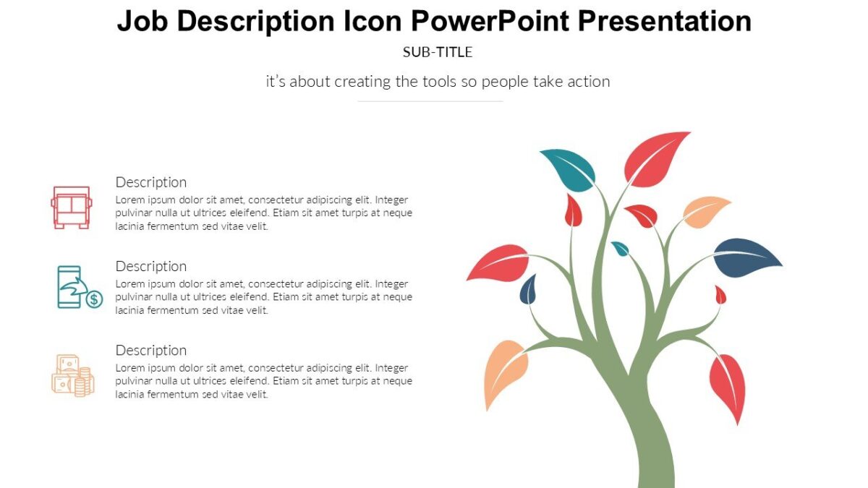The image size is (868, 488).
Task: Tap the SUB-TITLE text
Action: [x=438, y=52]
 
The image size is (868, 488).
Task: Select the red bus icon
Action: [x=71, y=207]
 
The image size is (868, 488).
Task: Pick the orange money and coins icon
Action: [x=72, y=375]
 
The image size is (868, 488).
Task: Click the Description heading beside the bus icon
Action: [x=151, y=182]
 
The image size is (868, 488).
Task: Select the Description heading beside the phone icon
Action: [x=151, y=266]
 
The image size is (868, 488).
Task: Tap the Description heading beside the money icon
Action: [x=151, y=350]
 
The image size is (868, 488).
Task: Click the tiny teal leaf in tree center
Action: [x=621, y=249]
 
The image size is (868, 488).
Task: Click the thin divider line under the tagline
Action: [x=430, y=101]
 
